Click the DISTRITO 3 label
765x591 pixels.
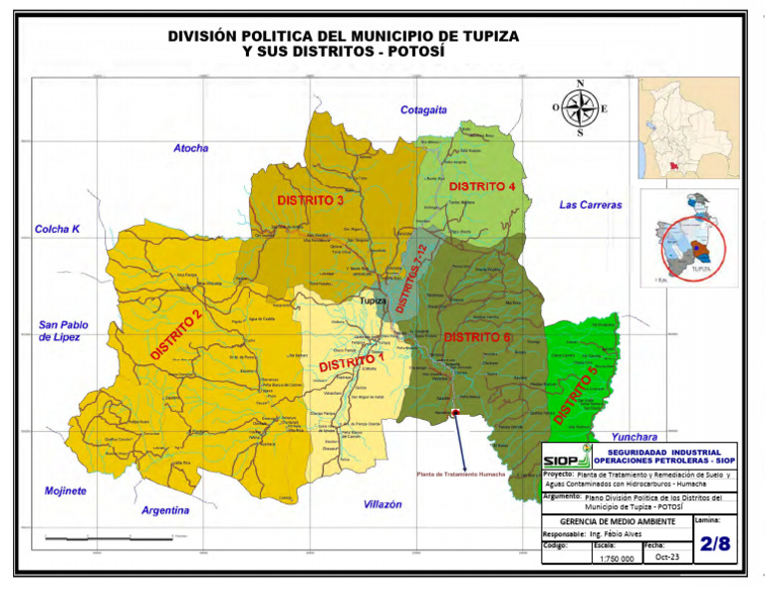pyautogui.click(x=311, y=200)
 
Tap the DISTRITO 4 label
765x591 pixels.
pyautogui.click(x=482, y=186)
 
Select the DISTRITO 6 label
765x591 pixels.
pyautogui.click(x=476, y=337)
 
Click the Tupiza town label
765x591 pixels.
pyautogui.click(x=373, y=299)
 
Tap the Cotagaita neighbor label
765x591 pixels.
pyautogui.click(x=423, y=109)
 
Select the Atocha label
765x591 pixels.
pyautogui.click(x=191, y=148)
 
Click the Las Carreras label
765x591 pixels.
pyautogui.click(x=590, y=205)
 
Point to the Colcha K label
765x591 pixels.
pyautogui.click(x=57, y=229)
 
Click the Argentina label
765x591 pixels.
pyautogui.click(x=165, y=510)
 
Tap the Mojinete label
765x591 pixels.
pyautogui.click(x=66, y=491)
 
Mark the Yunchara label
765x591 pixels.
pyautogui.click(x=635, y=436)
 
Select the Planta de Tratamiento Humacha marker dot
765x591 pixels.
pyautogui.click(x=455, y=412)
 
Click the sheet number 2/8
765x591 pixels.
pyautogui.click(x=714, y=543)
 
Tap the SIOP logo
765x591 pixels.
pyautogui.click(x=566, y=456)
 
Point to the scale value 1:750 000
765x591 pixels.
pyautogui.click(x=617, y=559)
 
